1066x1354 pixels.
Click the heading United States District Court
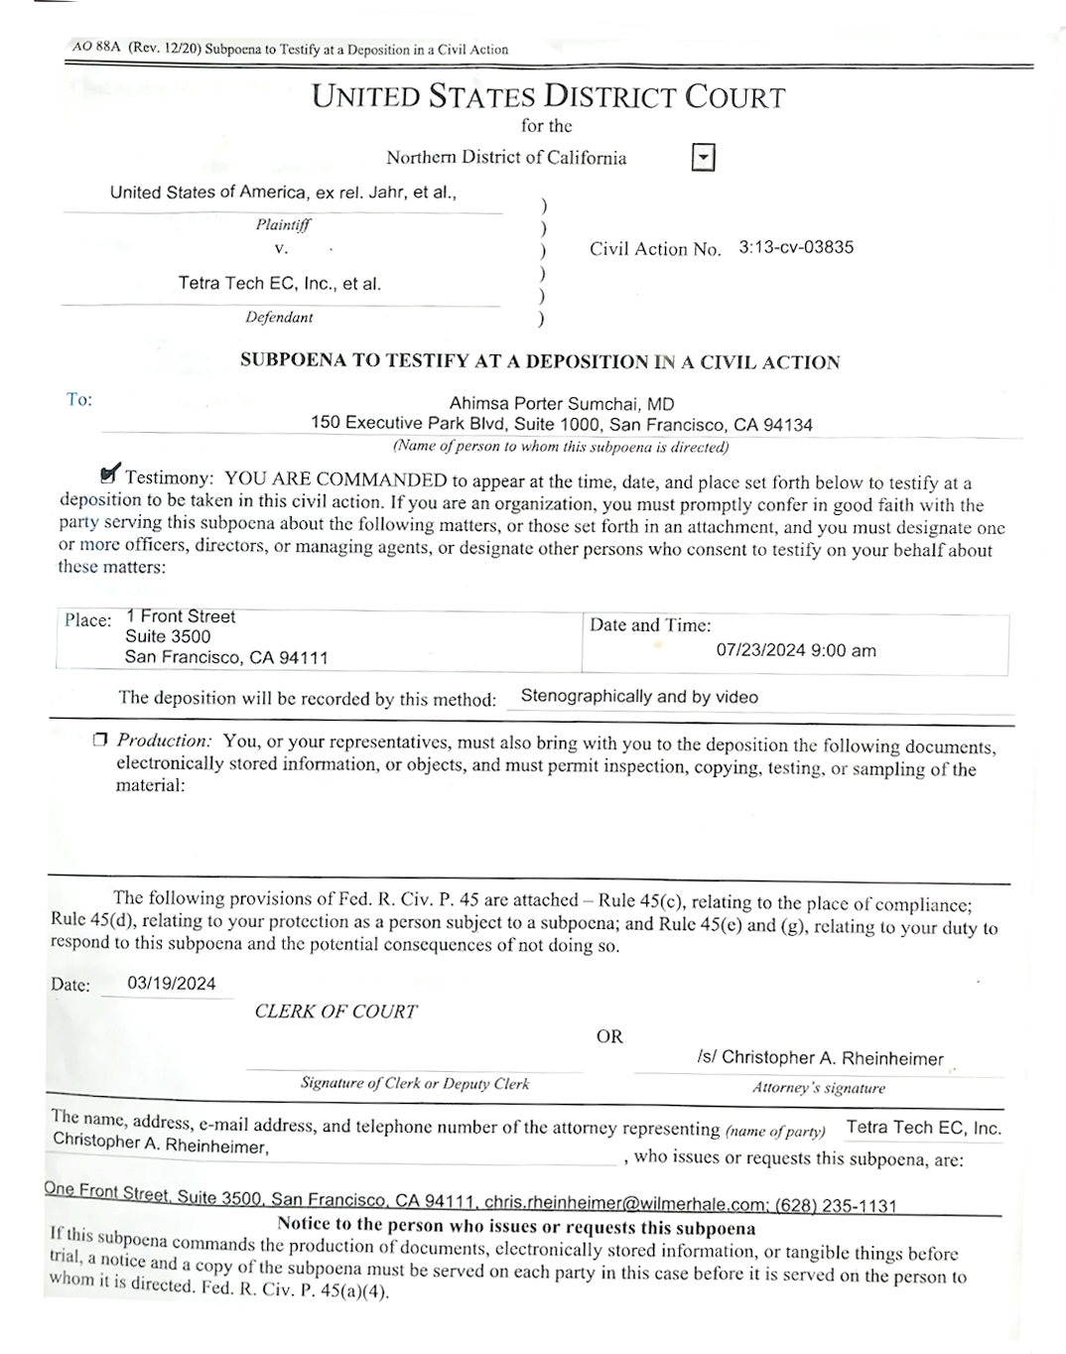coord(548,97)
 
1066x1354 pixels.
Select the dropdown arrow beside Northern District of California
coord(703,158)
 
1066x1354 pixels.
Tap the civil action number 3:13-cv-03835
coord(795,247)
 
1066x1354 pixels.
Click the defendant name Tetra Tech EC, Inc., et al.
coord(279,284)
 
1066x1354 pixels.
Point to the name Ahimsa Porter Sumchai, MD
coord(561,404)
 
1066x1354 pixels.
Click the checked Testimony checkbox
coord(109,475)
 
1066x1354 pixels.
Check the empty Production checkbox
coord(99,740)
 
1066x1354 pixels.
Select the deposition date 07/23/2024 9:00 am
coord(795,651)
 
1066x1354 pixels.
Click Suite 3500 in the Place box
coord(168,636)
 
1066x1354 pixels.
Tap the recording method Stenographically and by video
coord(638,697)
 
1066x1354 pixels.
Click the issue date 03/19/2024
coord(172,984)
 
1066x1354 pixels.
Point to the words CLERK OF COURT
coord(335,1012)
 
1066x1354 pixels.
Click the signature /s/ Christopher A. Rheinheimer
coord(820,1058)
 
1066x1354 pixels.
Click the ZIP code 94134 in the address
coord(788,425)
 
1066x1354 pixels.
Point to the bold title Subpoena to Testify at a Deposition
coord(540,361)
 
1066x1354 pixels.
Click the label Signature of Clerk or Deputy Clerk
coord(415,1083)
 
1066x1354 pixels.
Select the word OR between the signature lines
coord(609,1036)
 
